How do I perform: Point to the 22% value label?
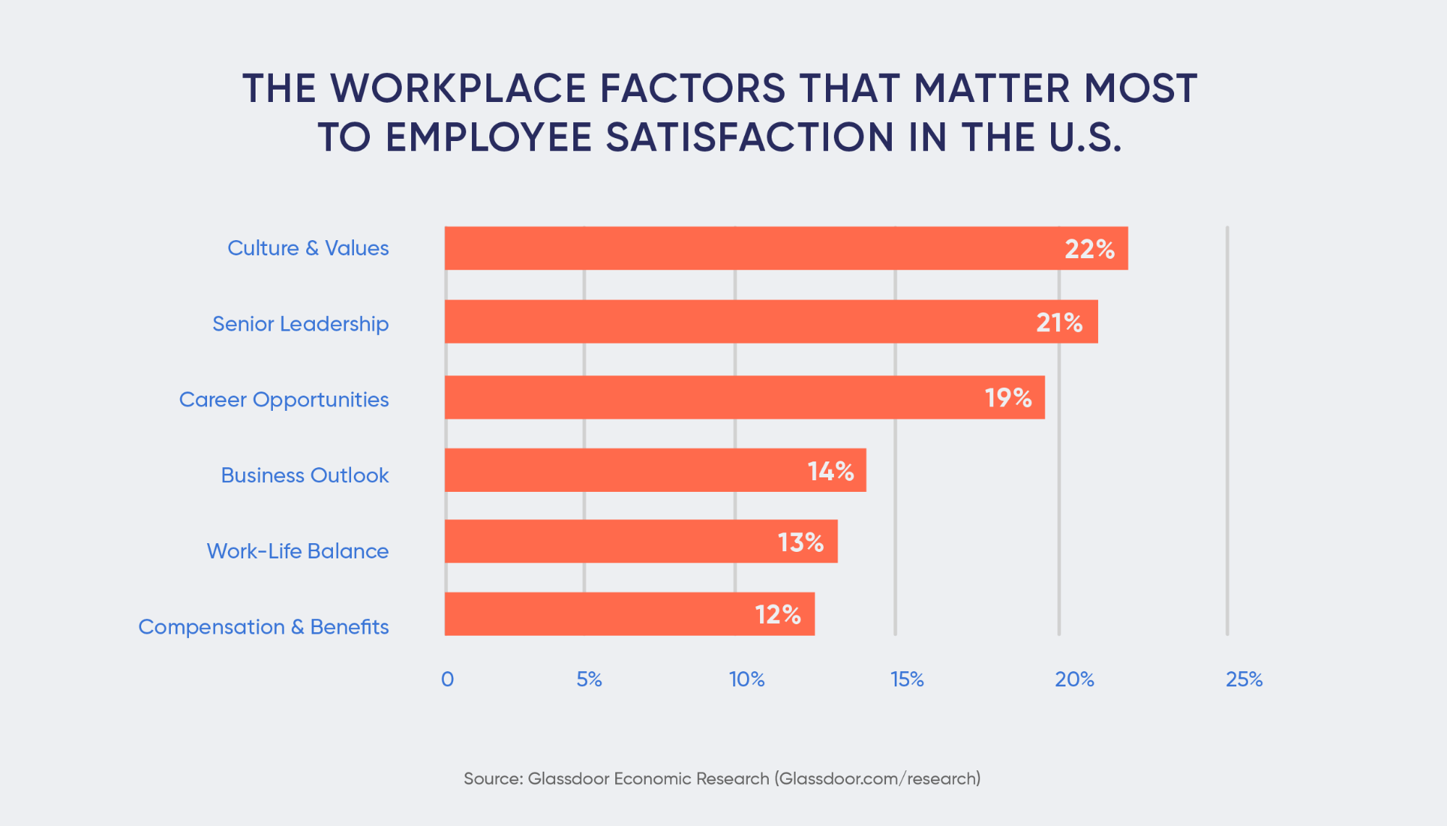[x=1089, y=249]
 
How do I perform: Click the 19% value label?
[x=1008, y=397]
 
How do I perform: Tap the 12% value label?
[x=778, y=614]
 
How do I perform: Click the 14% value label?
[x=831, y=471]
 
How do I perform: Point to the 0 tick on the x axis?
[x=447, y=679]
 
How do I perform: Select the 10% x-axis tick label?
[x=747, y=679]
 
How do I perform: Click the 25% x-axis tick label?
[x=1244, y=679]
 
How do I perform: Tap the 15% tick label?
[x=907, y=679]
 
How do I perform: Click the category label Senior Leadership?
[x=300, y=324]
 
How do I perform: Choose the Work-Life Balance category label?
[x=298, y=551]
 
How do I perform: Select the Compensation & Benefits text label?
[x=263, y=627]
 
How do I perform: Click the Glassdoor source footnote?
[x=722, y=779]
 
